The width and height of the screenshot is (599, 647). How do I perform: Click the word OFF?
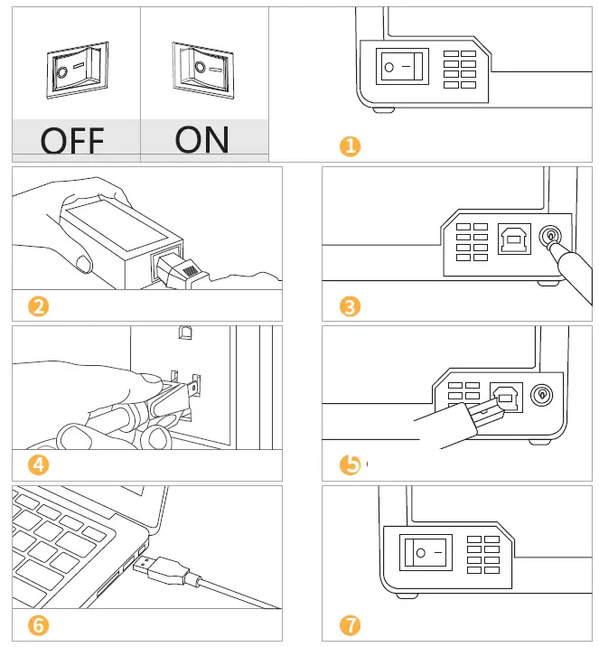(x=72, y=141)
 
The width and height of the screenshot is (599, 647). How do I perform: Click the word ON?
(x=202, y=139)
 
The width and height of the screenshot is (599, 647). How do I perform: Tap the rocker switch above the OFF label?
(x=75, y=69)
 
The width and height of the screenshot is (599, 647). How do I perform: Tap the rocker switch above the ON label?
(x=203, y=68)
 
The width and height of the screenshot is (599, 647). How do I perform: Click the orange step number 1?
(x=350, y=145)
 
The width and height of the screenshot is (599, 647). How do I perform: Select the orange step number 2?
(x=38, y=306)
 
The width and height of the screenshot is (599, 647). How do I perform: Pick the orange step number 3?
(x=350, y=306)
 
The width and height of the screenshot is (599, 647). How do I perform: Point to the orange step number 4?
(x=38, y=465)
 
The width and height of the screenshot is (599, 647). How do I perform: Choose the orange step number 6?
(x=38, y=625)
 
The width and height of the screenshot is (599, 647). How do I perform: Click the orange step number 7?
(x=350, y=625)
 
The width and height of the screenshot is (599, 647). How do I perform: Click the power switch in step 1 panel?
(x=401, y=67)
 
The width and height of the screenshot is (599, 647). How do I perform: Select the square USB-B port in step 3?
(x=511, y=239)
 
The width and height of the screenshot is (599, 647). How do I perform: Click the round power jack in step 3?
(x=548, y=238)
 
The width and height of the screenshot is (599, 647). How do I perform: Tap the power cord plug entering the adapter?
(x=179, y=267)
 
